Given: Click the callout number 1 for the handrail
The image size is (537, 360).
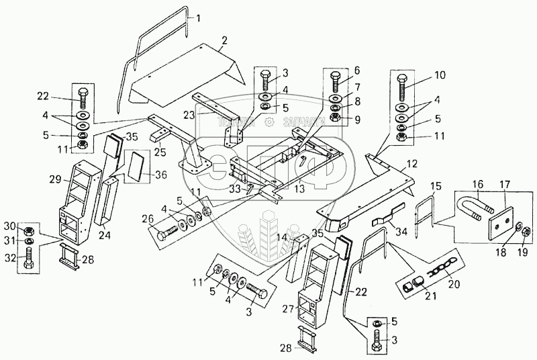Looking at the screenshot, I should coord(199,19).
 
